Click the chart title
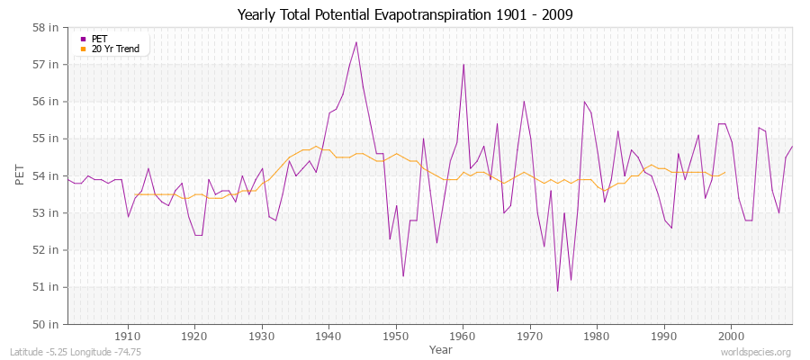click(405, 14)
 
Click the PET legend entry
click(99, 39)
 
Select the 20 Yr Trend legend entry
click(115, 49)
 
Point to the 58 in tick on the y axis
click(47, 28)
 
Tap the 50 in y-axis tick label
click(47, 324)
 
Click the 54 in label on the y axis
click(47, 175)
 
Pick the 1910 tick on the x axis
click(128, 337)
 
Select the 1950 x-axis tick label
click(396, 337)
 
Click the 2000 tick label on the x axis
click(731, 337)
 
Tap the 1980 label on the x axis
click(597, 337)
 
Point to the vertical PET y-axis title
click(20, 175)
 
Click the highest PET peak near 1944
click(356, 42)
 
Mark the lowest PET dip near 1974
click(557, 291)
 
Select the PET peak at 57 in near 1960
click(463, 65)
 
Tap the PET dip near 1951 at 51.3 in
click(403, 275)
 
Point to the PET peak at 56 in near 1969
click(524, 102)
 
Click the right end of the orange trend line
click(724, 172)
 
